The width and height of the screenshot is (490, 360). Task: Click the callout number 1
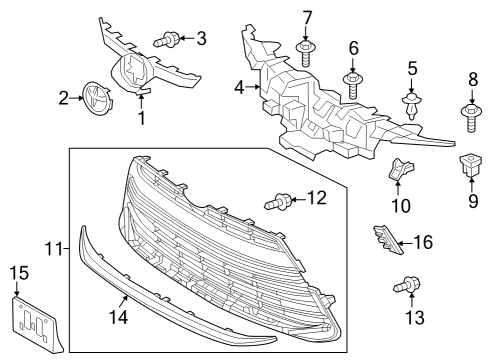click(141, 118)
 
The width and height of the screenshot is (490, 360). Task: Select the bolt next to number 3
click(167, 40)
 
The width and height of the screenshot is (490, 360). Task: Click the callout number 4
click(239, 89)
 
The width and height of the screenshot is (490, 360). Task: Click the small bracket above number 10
click(399, 172)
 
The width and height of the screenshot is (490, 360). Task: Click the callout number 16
click(423, 242)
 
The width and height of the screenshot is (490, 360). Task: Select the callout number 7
click(307, 16)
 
